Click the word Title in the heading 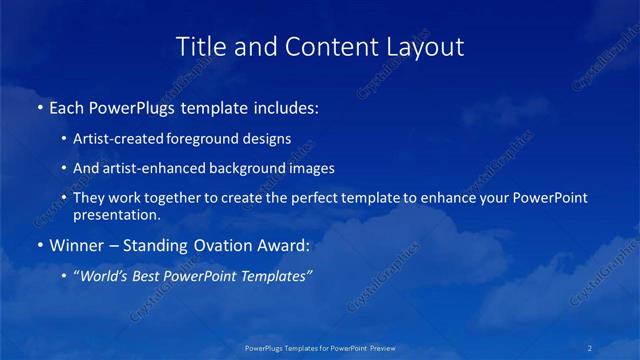199,46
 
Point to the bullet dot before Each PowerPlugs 40,107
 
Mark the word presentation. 116,215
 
